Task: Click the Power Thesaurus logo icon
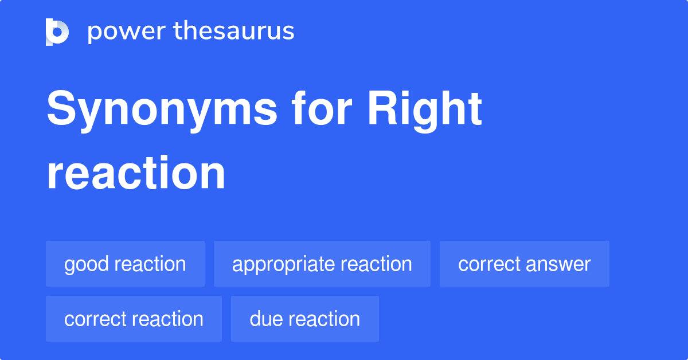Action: coord(57,32)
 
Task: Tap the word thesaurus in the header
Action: coord(234,32)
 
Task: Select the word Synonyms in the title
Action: coord(162,110)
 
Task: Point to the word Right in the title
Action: coord(425,110)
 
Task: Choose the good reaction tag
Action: coord(125,264)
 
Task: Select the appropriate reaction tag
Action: coord(322,264)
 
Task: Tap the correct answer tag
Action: coord(524,264)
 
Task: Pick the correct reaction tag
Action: coord(134,319)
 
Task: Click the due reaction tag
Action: coord(304,319)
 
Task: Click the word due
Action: coord(267,319)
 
